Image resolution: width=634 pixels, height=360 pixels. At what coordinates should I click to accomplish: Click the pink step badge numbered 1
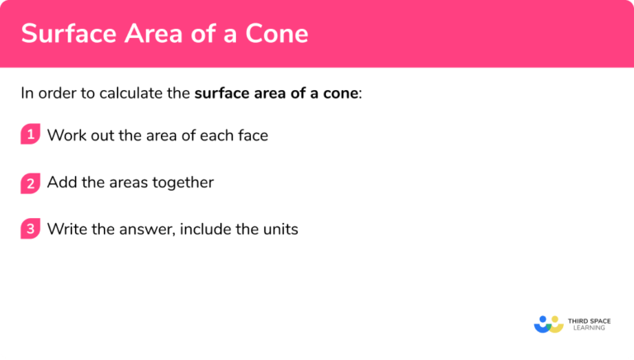31,135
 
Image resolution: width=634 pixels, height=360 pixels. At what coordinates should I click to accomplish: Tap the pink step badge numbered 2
31,182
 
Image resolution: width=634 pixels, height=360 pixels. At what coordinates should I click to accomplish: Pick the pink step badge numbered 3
31,230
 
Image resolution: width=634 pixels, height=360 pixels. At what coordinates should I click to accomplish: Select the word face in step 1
252,135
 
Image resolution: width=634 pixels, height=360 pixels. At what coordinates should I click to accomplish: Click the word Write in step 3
67,230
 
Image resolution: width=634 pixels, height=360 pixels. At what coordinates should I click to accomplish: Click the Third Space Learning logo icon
548,324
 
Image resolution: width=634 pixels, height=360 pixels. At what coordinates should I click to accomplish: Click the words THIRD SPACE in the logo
590,320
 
